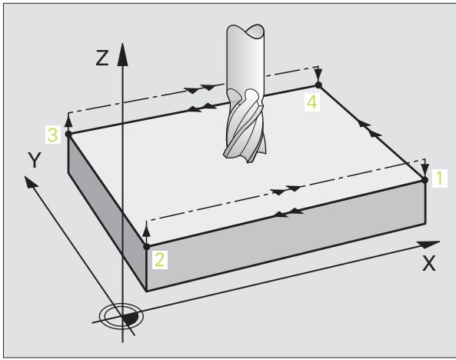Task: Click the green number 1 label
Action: (x=439, y=178)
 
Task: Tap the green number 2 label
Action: (x=160, y=259)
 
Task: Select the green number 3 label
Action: (x=52, y=135)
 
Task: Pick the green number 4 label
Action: (x=312, y=102)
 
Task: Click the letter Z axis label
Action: (x=102, y=58)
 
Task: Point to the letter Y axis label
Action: (x=35, y=160)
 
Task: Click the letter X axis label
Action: (x=429, y=263)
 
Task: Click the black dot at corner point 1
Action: (x=425, y=180)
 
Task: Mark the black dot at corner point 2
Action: (x=147, y=247)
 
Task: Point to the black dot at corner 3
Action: (x=68, y=134)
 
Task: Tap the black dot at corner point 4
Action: (x=318, y=85)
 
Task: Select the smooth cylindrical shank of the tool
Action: (x=245, y=58)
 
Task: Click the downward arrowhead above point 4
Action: (x=318, y=74)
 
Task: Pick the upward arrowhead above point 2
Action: (x=147, y=230)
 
